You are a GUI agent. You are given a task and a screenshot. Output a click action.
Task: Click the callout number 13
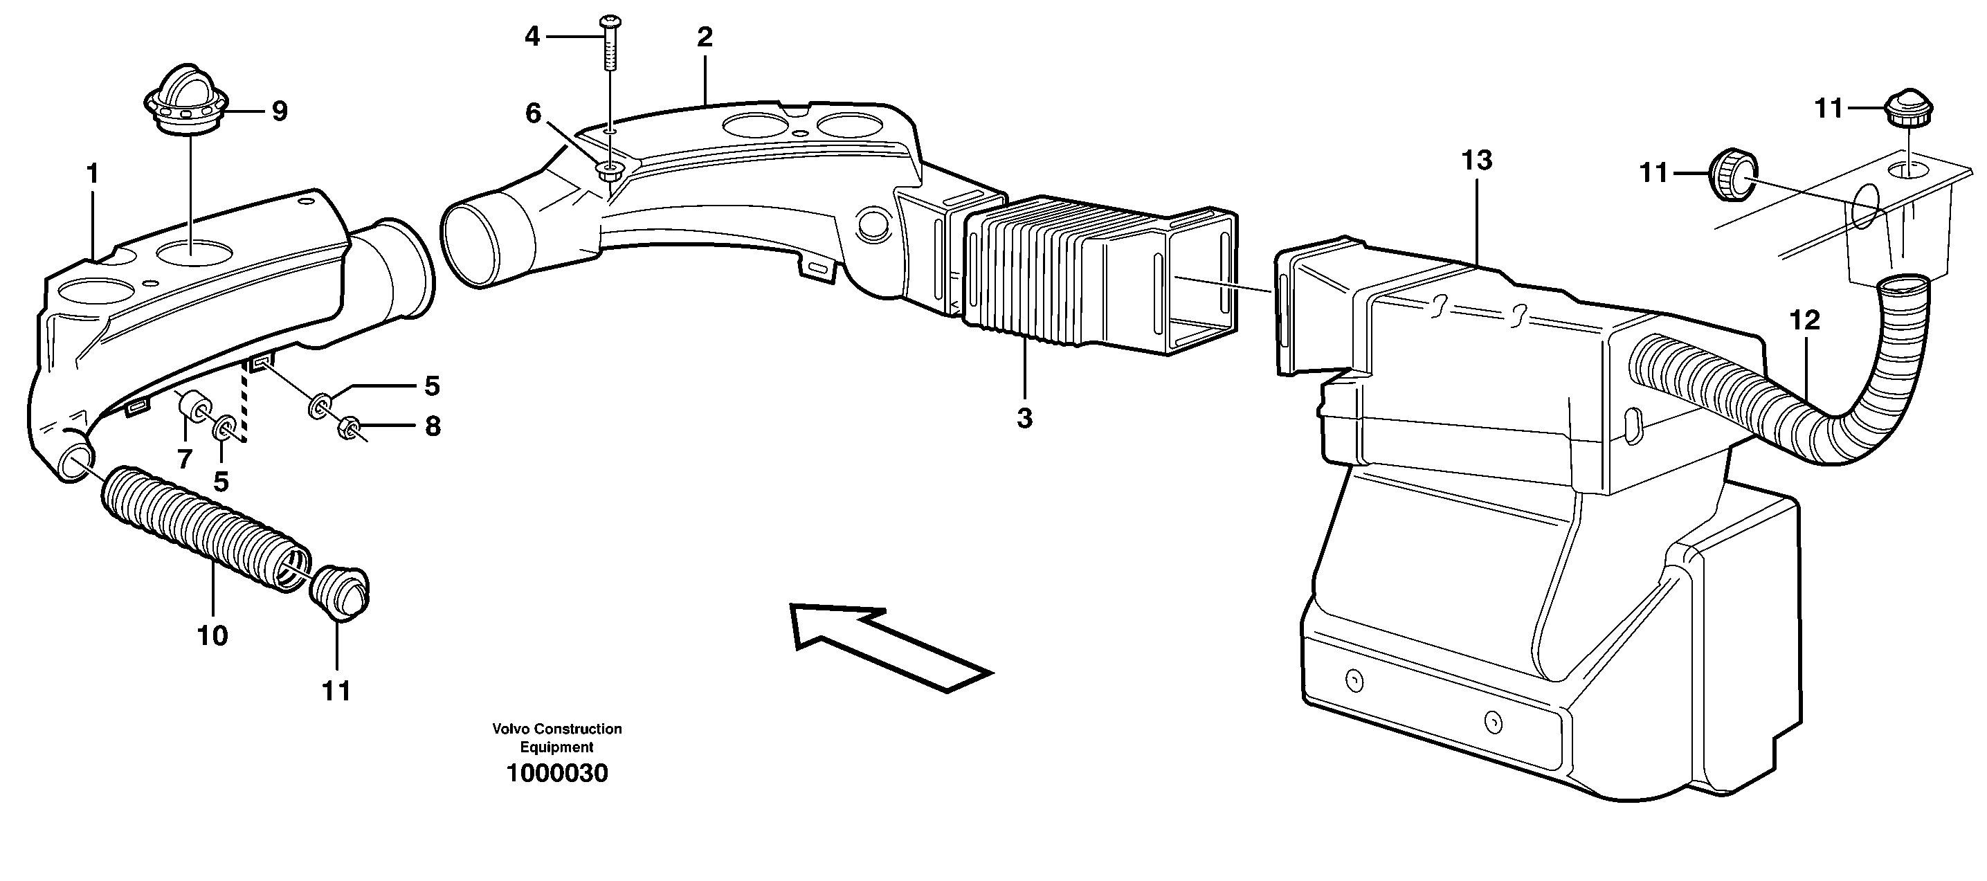[x=1476, y=161]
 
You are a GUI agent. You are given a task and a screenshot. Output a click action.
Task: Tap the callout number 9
[x=279, y=111]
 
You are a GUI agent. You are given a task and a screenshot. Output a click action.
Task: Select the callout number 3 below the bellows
[x=1024, y=418]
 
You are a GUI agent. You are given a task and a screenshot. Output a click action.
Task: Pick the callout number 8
[x=433, y=426]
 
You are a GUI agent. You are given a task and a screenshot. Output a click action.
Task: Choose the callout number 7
[x=184, y=460]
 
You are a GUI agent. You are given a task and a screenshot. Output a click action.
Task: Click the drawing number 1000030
[x=557, y=773]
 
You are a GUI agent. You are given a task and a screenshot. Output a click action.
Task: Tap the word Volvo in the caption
[x=511, y=729]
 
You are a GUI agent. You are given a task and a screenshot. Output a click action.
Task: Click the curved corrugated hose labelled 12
[x=1774, y=401]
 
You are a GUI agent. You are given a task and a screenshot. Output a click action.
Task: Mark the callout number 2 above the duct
[x=705, y=37]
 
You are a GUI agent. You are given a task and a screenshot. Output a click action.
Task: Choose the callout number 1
[x=93, y=174]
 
